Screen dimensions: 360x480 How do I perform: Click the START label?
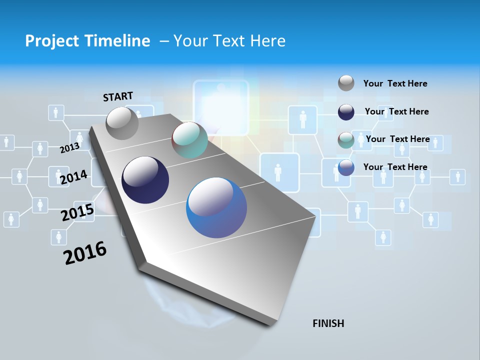(118, 96)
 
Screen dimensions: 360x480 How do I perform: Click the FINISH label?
(328, 323)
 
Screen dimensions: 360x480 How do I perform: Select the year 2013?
(69, 148)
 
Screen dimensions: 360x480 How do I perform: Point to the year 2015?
(77, 212)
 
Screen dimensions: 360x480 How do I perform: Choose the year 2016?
(85, 253)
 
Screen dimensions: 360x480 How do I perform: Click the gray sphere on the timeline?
(122, 123)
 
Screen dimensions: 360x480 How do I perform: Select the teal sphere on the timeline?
(189, 140)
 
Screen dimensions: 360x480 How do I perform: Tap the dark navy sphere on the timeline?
(145, 180)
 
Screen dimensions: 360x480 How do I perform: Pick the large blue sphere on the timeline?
(216, 207)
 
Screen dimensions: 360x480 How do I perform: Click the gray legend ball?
(346, 83)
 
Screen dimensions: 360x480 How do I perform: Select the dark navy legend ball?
(346, 112)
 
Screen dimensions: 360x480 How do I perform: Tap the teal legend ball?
(346, 140)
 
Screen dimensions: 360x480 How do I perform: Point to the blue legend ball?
(346, 167)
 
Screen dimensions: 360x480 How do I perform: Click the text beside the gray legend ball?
(395, 83)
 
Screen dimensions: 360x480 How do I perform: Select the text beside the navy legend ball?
(396, 111)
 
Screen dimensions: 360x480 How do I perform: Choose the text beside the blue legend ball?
(395, 167)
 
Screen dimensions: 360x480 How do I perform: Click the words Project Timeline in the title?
(87, 41)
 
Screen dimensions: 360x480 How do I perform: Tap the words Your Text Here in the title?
(229, 41)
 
